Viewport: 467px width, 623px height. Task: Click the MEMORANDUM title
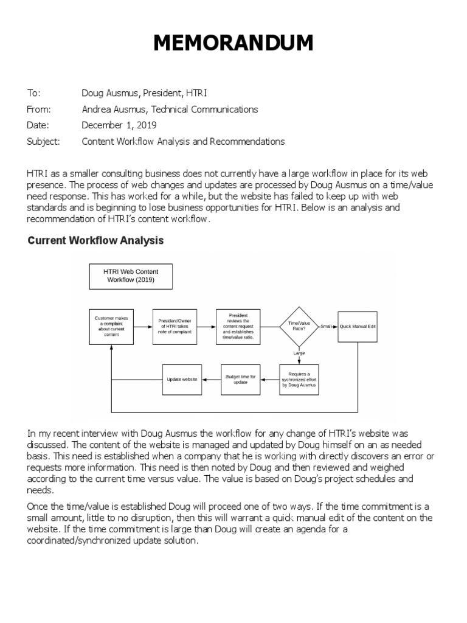pos(233,44)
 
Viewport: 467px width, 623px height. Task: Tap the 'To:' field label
pos(33,93)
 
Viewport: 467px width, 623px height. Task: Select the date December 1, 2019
pos(119,125)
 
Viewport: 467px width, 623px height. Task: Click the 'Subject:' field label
pos(44,141)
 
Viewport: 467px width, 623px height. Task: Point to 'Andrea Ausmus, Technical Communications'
pos(170,110)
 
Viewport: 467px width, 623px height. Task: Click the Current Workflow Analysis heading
pos(96,240)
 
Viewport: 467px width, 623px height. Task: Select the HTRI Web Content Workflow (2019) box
pos(131,276)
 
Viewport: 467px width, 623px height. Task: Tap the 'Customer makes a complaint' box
pos(111,327)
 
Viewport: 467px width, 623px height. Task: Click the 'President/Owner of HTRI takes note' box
pos(175,327)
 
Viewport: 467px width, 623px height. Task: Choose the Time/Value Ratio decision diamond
pos(299,327)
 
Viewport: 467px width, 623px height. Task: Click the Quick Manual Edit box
pos(358,327)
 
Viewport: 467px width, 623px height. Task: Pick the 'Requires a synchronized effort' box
pos(299,380)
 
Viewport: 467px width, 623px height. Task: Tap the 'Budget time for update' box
pos(241,380)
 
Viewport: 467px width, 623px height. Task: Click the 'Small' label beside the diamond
pos(327,327)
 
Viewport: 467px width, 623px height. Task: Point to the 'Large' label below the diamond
pos(299,353)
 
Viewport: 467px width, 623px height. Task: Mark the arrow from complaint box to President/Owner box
pos(143,327)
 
